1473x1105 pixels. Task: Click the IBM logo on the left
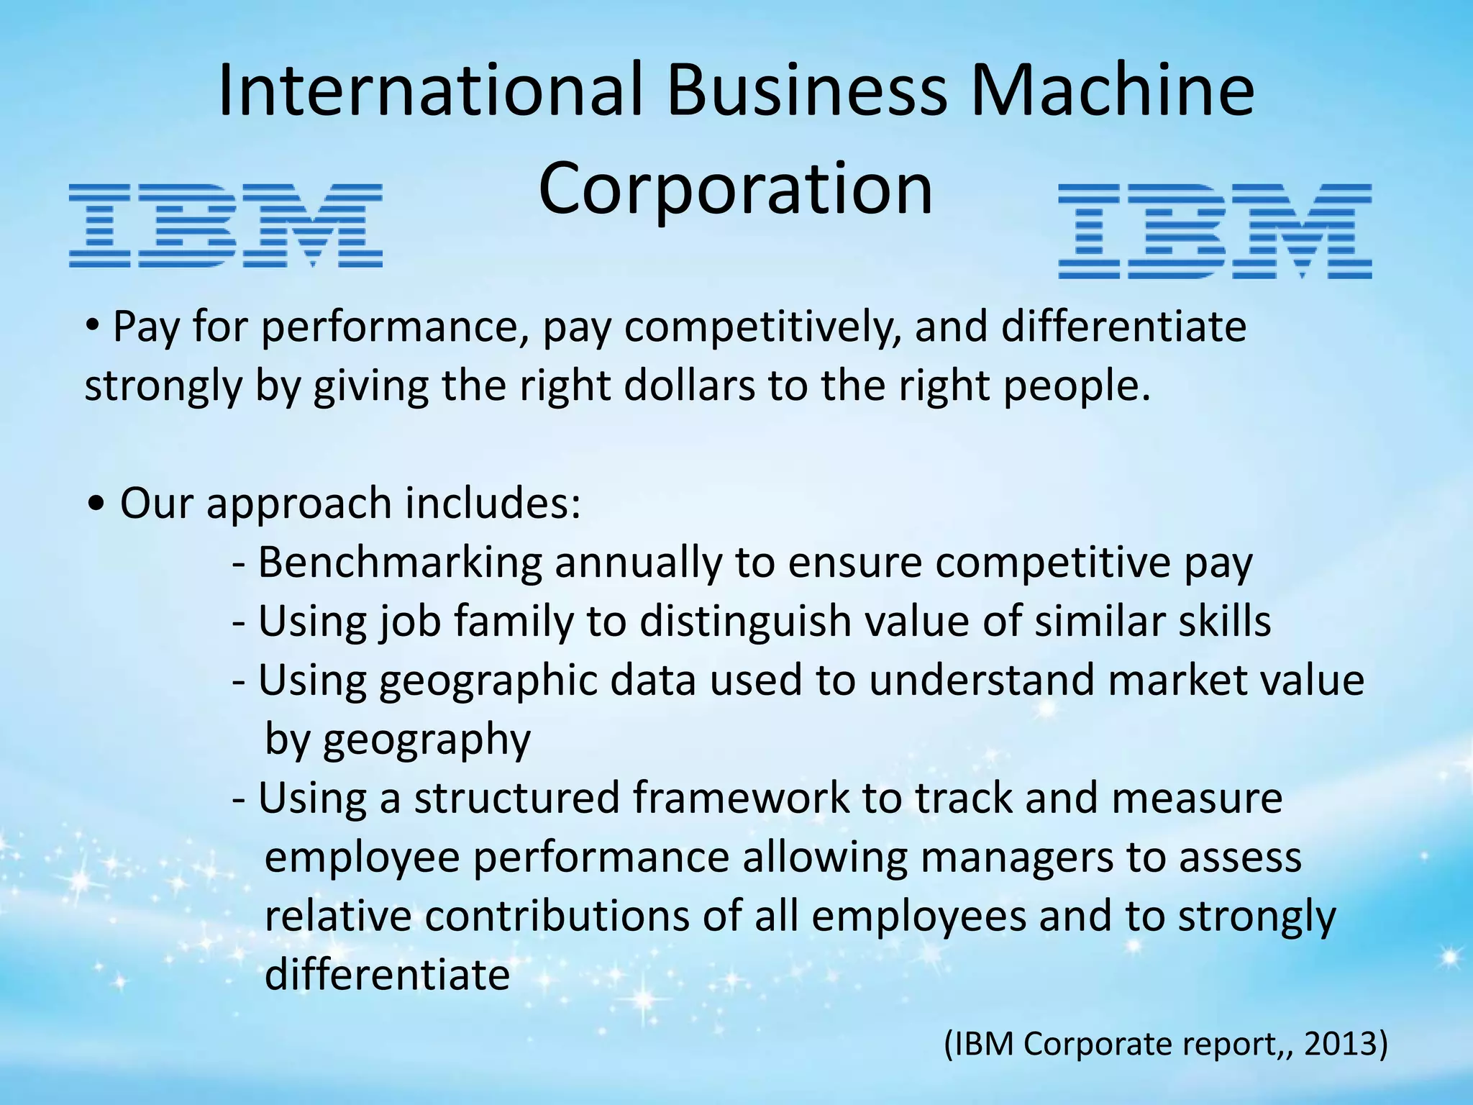coord(225,225)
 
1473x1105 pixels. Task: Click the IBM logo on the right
coord(1215,231)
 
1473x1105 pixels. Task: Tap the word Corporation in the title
coord(735,188)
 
